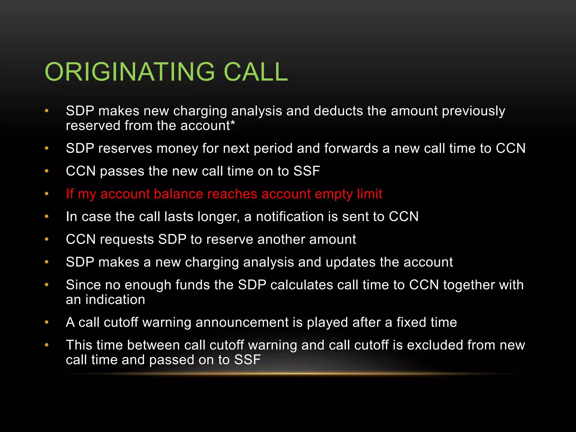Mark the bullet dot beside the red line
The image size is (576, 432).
click(x=47, y=194)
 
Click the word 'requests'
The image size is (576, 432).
click(x=127, y=240)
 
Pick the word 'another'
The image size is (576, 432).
click(x=281, y=240)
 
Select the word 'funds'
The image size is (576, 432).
click(x=193, y=285)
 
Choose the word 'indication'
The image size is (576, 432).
click(x=115, y=300)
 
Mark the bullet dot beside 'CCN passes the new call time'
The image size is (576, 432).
click(x=47, y=171)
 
